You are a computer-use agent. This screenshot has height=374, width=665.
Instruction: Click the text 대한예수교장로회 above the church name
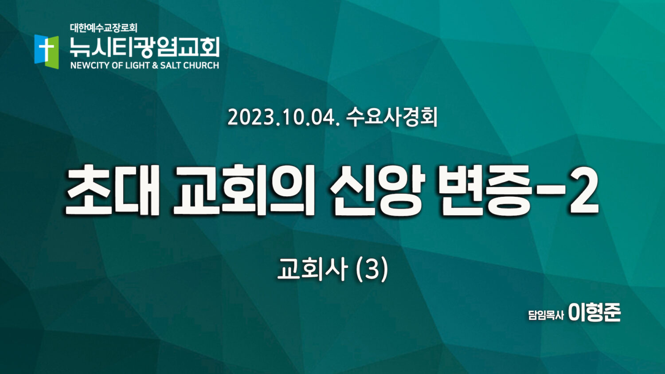coord(104,28)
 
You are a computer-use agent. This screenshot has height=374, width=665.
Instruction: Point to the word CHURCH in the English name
coord(201,65)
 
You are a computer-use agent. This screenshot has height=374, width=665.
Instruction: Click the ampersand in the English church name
coord(155,65)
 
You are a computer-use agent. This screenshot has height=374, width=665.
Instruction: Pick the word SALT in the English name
coord(170,65)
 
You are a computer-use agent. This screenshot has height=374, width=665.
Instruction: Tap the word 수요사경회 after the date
coord(392,117)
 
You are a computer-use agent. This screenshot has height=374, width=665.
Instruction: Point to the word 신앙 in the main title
coord(377,191)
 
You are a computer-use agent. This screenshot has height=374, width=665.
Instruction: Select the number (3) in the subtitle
coord(372,269)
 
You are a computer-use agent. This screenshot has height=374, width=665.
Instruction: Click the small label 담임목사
coord(546,315)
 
